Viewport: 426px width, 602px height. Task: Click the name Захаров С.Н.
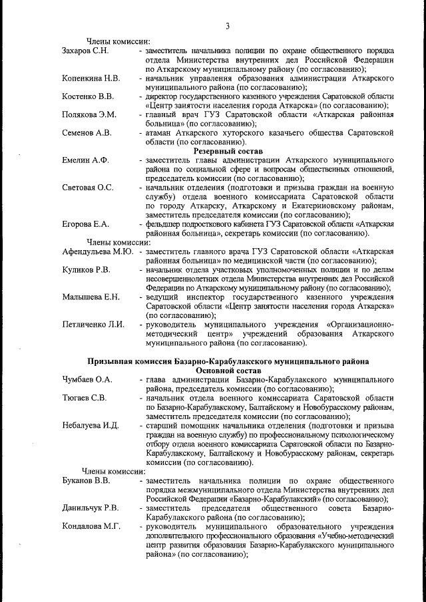(x=85, y=50)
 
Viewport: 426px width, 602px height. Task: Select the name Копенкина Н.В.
(x=91, y=78)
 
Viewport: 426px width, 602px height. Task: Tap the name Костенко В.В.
(x=88, y=96)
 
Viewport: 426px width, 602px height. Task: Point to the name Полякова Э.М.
(x=89, y=114)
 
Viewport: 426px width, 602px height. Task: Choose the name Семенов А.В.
(x=87, y=132)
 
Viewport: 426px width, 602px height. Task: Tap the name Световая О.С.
(x=88, y=188)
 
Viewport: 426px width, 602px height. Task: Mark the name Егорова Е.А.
(x=85, y=224)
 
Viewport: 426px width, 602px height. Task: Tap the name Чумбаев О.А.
(x=87, y=379)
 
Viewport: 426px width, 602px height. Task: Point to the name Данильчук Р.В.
(x=91, y=508)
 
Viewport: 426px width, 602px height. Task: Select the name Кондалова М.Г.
(x=91, y=526)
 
